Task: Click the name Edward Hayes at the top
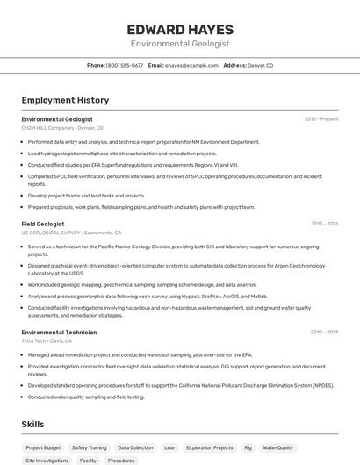point(179,28)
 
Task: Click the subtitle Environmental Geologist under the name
point(179,43)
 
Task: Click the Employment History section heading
point(65,100)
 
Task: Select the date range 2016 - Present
point(320,119)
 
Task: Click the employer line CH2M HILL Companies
point(63,127)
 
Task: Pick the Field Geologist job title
point(43,224)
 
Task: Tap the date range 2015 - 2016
point(324,224)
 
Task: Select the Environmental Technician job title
point(59,333)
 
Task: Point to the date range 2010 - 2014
point(324,333)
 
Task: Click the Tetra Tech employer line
point(47,341)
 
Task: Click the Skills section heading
point(33,424)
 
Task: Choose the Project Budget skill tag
point(43,447)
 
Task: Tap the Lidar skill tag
point(169,447)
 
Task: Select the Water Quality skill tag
point(278,447)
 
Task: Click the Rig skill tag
point(248,447)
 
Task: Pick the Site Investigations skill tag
point(47,460)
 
